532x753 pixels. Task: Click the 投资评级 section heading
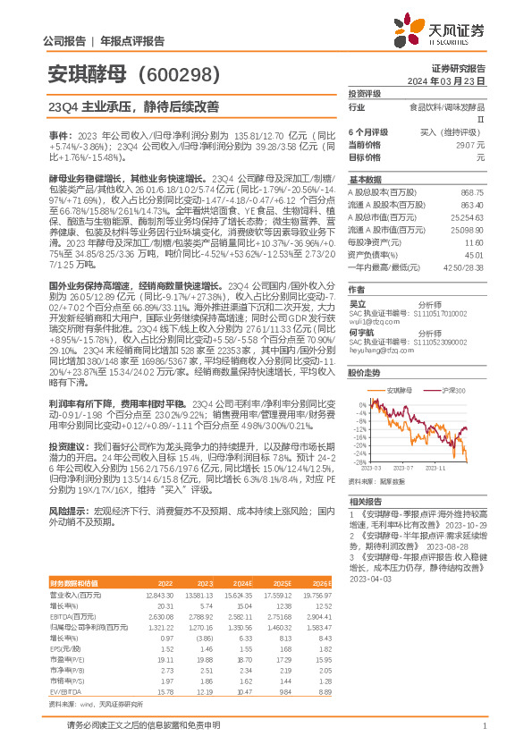tap(365, 93)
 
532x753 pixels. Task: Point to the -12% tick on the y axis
tap(360, 429)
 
